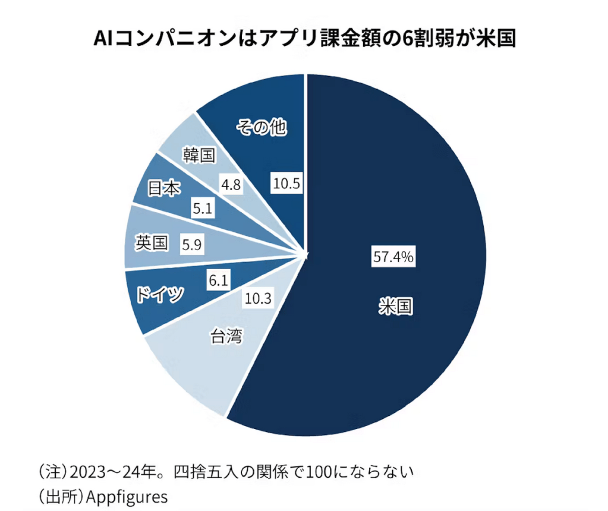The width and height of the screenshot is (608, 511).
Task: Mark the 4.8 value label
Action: (230, 184)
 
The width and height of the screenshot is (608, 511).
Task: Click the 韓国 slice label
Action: (198, 156)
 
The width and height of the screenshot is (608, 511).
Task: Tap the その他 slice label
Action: (262, 126)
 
